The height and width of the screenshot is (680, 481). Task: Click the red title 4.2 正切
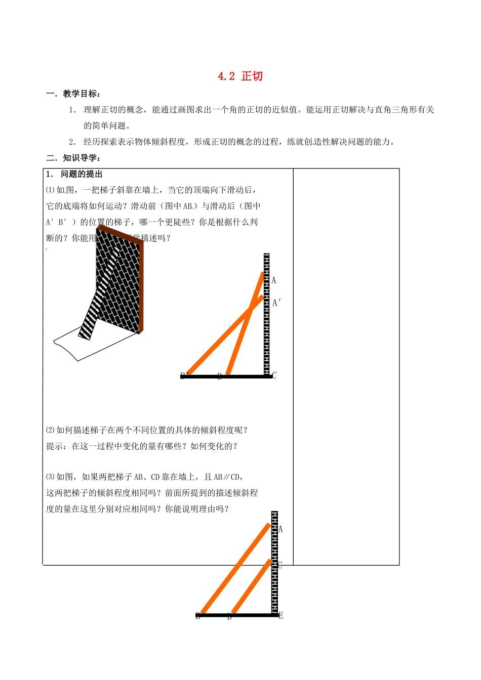[240, 76]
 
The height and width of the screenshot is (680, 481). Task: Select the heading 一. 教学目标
[73, 94]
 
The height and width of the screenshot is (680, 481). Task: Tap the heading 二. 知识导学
[73, 158]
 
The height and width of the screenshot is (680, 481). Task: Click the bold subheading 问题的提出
[82, 174]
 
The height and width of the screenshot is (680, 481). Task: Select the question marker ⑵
[50, 431]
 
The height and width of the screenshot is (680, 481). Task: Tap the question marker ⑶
[50, 477]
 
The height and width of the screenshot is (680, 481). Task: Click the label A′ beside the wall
[276, 303]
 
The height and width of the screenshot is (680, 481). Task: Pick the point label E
[281, 616]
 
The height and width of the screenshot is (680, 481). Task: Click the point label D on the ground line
[229, 617]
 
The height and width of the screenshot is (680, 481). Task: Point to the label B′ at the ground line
[184, 375]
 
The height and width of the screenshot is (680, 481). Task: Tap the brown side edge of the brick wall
[141, 288]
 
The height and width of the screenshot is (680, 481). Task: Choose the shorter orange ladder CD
[251, 586]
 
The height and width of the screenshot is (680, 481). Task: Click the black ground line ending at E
[238, 615]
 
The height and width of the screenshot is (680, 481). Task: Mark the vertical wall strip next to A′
[266, 314]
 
